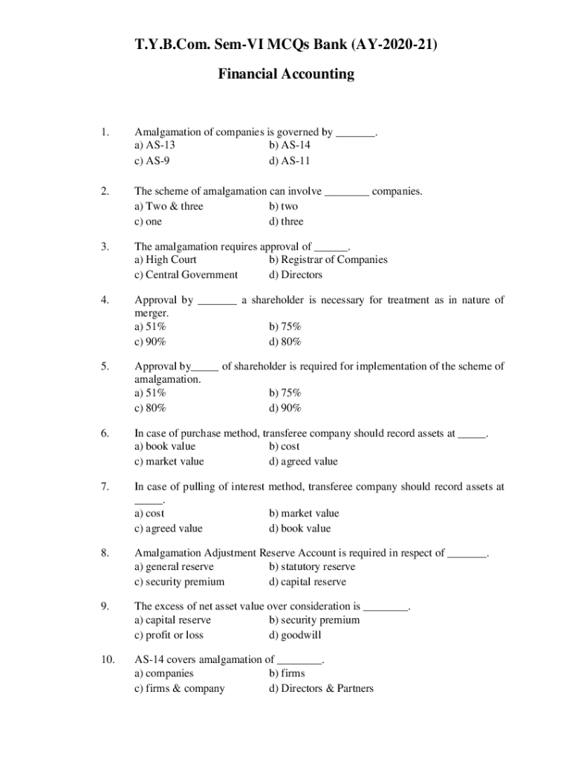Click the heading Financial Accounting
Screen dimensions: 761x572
point(286,74)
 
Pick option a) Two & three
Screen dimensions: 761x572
point(169,206)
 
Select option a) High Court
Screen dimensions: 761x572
point(166,259)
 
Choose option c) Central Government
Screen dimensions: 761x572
point(186,275)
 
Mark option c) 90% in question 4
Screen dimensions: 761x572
point(150,342)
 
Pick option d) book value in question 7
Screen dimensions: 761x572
point(300,528)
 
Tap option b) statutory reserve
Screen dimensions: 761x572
point(312,567)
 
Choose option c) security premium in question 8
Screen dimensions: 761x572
point(179,582)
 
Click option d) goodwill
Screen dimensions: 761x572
point(296,635)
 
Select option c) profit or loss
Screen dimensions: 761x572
point(169,635)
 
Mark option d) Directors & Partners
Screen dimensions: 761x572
point(321,688)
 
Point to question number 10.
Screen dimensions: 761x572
point(108,658)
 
